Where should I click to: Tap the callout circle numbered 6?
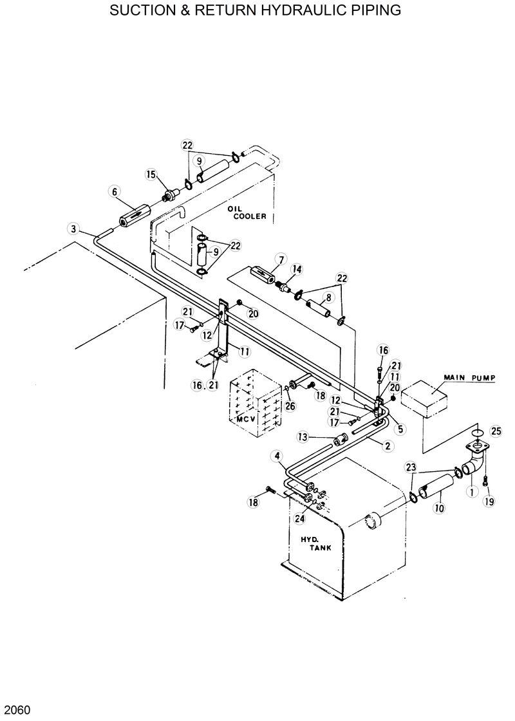pos(115,191)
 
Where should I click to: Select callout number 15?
pos(151,174)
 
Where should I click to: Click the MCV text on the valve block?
pos(247,419)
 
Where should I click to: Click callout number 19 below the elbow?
pos(489,501)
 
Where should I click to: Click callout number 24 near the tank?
pos(299,518)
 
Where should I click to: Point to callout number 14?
pos(297,269)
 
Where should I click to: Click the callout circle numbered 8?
pos(328,297)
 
